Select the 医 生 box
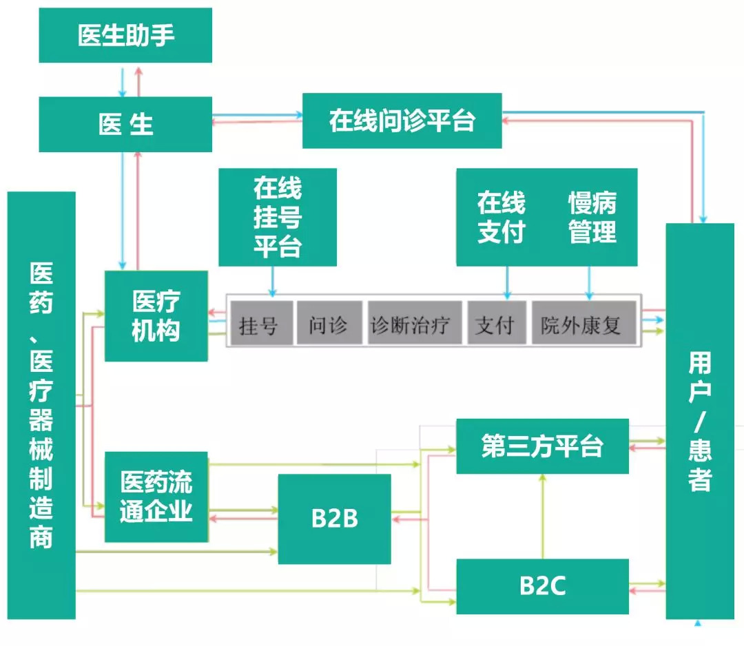[125, 125]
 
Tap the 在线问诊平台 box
[402, 121]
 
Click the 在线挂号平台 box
[278, 217]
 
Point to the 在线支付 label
[501, 217]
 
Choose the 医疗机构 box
[156, 315]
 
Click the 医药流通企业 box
[156, 497]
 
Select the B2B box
[335, 519]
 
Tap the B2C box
[543, 586]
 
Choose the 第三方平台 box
[543, 446]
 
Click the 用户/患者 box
[700, 421]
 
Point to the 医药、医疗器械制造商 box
[41, 405]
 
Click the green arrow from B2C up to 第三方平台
[543, 517]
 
